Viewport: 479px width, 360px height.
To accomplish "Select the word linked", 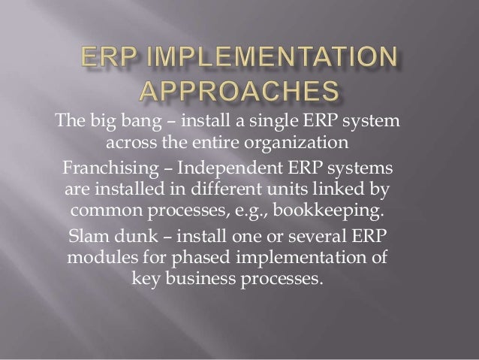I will [357, 187].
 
